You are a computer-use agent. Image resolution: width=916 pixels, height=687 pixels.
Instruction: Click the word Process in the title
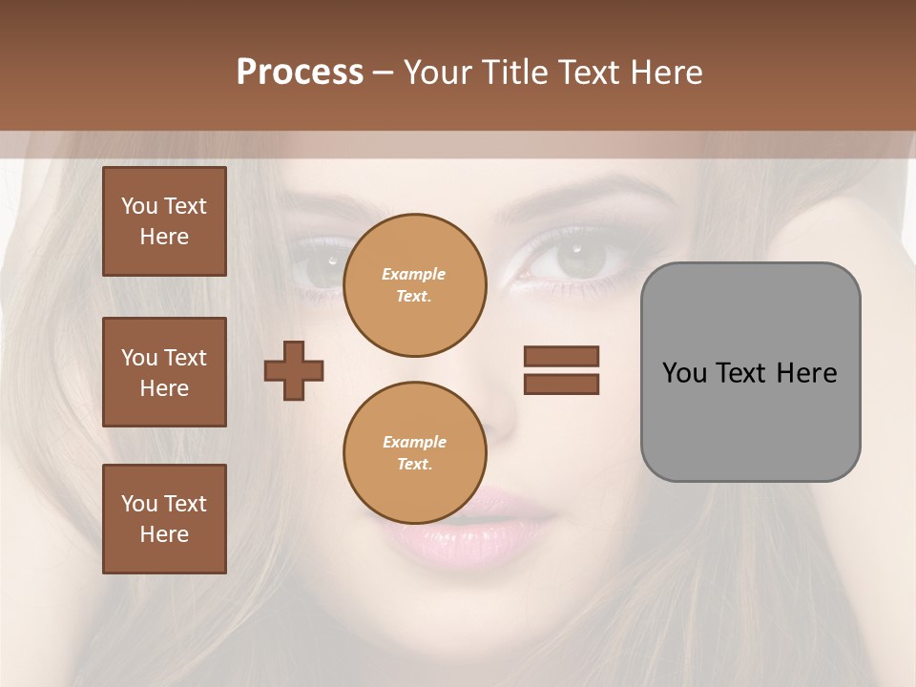[x=300, y=73]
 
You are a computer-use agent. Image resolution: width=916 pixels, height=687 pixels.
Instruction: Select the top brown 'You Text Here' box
[x=164, y=221]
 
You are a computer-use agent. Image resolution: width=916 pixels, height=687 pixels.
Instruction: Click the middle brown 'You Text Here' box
[x=164, y=372]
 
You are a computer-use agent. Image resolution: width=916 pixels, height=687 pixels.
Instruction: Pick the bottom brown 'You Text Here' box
[x=164, y=519]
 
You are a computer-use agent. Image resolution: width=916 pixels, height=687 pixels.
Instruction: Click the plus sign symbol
[x=294, y=370]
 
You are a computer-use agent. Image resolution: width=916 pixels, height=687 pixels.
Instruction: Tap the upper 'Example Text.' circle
[x=414, y=285]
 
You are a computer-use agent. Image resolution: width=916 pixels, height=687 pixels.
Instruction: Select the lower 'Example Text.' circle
[x=414, y=453]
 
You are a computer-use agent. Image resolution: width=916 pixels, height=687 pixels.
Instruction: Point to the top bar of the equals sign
[x=561, y=357]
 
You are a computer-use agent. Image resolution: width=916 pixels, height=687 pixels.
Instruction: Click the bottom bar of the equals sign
[x=561, y=385]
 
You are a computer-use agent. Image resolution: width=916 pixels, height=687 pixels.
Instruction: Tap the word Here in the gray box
[x=806, y=373]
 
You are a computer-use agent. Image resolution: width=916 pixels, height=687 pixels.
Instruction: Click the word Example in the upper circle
[x=414, y=274]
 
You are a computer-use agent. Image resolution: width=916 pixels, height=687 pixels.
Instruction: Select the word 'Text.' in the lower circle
[x=414, y=465]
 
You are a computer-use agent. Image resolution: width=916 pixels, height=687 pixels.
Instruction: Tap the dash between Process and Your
[x=383, y=73]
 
